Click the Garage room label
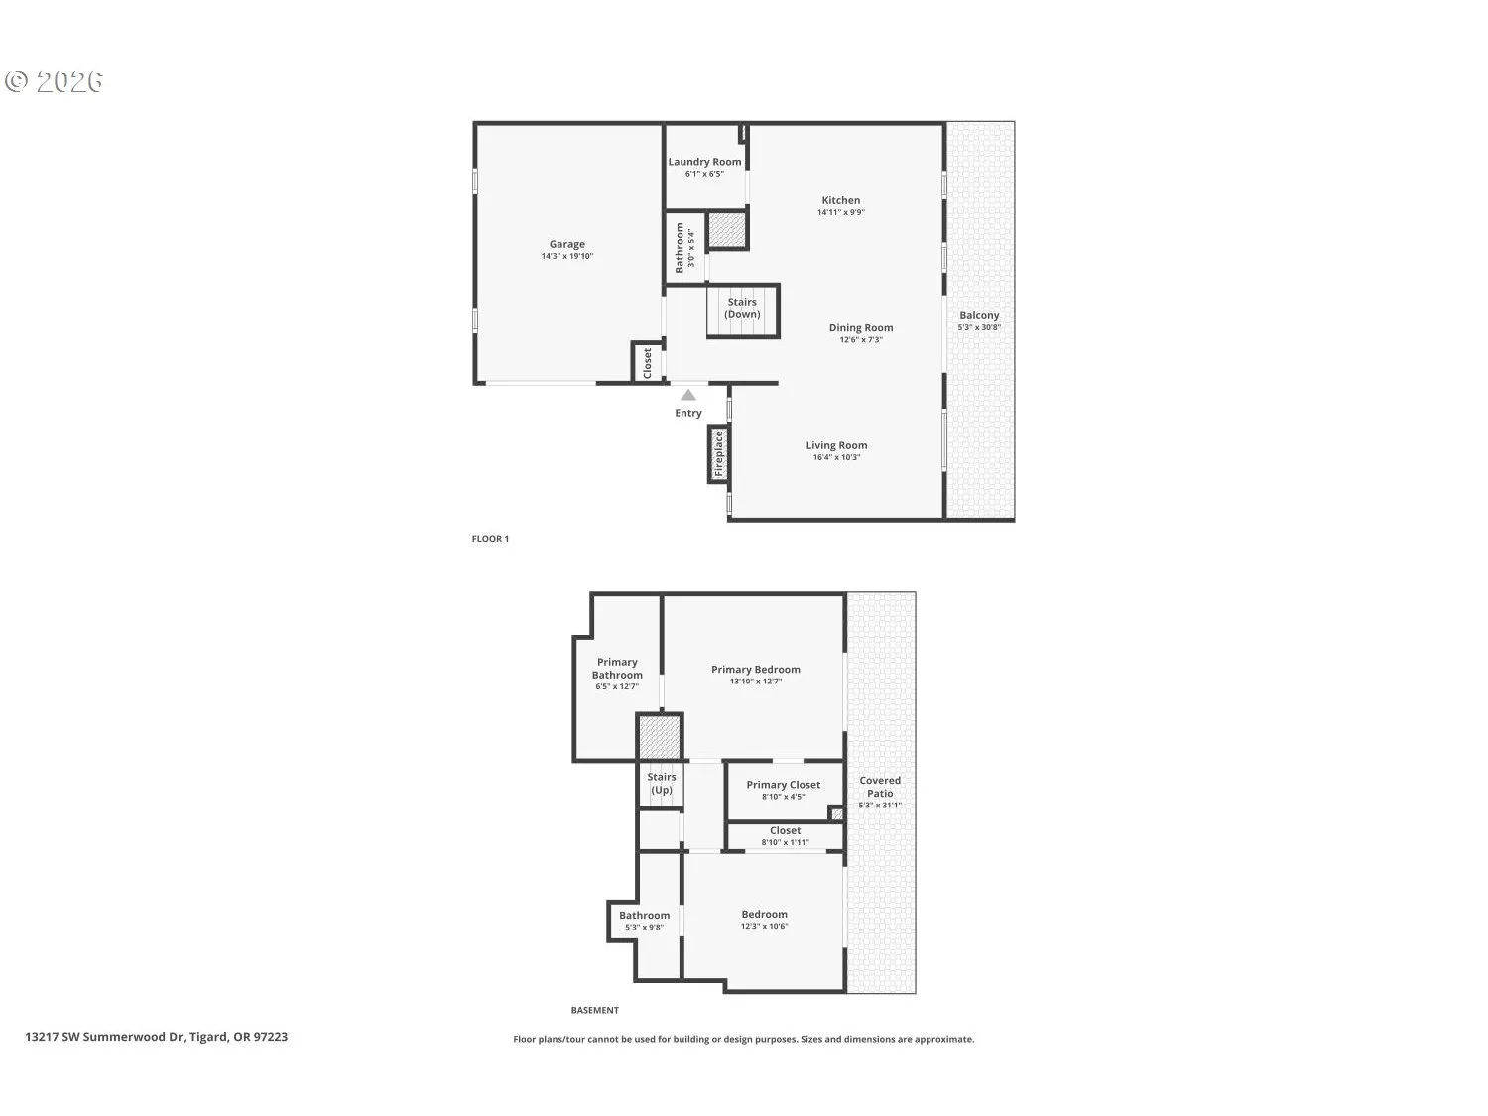click(567, 244)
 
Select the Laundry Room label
click(704, 162)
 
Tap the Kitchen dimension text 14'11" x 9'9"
click(841, 212)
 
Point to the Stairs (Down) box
click(742, 310)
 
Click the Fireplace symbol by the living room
click(719, 453)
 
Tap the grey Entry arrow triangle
click(688, 395)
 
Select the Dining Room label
click(861, 328)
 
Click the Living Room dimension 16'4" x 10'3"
click(836, 457)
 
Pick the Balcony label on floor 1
click(979, 315)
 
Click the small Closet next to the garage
click(647, 362)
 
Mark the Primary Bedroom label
click(756, 670)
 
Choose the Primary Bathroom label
click(617, 669)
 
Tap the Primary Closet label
click(784, 785)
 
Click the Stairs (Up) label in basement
click(662, 784)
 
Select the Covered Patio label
click(880, 787)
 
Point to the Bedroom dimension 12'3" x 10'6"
click(764, 926)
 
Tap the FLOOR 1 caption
click(490, 539)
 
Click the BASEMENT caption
click(595, 1010)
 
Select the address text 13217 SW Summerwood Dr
click(105, 1037)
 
